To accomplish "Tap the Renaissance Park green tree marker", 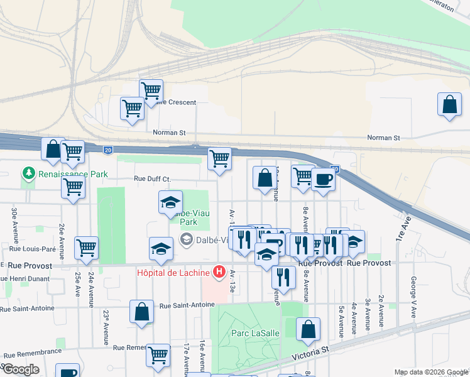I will click(x=28, y=173).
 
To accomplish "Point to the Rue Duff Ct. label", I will click(x=152, y=179).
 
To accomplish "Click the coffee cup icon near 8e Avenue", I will click(x=323, y=179).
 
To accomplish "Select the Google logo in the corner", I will click(x=21, y=369).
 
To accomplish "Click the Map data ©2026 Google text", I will click(x=430, y=372).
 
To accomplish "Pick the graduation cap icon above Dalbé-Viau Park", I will click(x=170, y=202).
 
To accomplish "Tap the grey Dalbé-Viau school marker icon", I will click(x=186, y=239).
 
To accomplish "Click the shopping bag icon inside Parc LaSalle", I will click(x=308, y=329).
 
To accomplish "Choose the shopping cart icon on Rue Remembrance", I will click(x=158, y=355).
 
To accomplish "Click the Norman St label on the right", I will click(x=383, y=138).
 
